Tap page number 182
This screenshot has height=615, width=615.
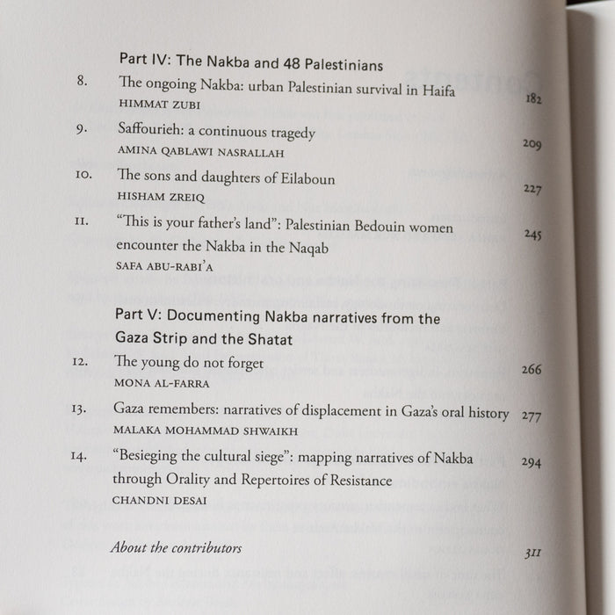[533, 99]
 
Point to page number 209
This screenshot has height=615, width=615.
[532, 143]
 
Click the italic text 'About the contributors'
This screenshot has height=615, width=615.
[176, 547]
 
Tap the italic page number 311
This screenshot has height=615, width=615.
[531, 553]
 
